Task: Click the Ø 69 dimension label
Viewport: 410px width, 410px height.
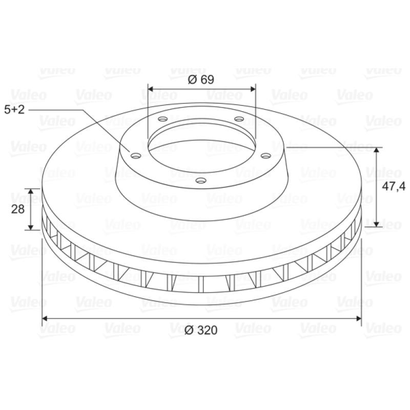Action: click(x=201, y=79)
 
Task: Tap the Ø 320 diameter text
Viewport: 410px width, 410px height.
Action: click(x=201, y=330)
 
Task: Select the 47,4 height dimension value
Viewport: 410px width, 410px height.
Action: click(x=394, y=187)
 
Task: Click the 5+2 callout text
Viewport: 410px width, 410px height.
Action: click(x=14, y=110)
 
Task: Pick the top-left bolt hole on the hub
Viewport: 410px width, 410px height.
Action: click(x=162, y=119)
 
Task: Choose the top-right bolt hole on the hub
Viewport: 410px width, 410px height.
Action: click(x=239, y=119)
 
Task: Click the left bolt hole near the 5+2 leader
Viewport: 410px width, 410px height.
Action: click(x=136, y=156)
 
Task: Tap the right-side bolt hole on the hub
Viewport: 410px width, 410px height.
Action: click(x=265, y=156)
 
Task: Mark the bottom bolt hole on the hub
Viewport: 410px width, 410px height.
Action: click(x=201, y=180)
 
